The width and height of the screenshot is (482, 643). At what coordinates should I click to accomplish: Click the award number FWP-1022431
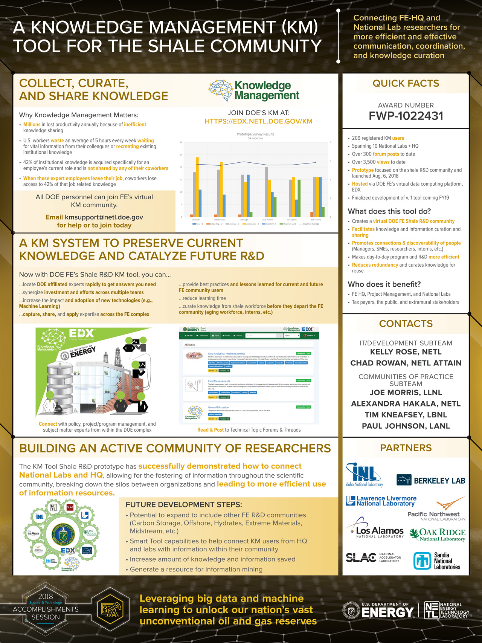406,116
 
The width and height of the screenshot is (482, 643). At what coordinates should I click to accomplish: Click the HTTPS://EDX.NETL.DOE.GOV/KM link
258,121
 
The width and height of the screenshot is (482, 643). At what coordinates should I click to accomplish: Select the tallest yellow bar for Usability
197,187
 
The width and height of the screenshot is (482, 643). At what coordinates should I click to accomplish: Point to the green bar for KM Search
299,198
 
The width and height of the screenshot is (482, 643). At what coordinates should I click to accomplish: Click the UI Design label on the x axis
244,220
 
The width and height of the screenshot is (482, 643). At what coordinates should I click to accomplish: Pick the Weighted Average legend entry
310,224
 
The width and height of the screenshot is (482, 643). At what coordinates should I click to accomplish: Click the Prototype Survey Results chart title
255,134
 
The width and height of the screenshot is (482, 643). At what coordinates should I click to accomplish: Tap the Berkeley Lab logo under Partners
431,480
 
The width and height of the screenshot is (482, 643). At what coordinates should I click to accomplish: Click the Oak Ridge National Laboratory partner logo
438,535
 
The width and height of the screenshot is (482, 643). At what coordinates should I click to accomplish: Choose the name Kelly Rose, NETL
406,352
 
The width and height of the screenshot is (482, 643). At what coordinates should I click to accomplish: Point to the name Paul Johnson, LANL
406,426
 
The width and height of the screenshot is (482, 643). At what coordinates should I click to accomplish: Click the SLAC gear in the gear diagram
70,507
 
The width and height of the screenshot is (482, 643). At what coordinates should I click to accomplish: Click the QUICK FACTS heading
406,83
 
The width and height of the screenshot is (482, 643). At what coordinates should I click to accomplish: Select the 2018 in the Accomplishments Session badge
46,596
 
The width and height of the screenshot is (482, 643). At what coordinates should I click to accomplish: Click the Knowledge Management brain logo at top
221,90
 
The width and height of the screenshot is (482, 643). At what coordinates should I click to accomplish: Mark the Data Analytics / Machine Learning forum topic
226,354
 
